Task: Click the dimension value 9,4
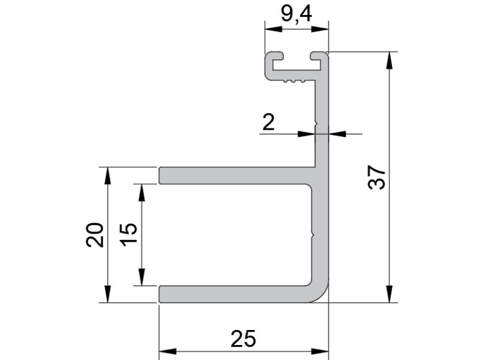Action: click(x=296, y=14)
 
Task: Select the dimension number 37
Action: click(x=377, y=178)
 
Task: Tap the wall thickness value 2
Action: click(x=268, y=122)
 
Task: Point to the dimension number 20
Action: click(x=95, y=235)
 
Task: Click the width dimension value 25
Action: click(x=243, y=339)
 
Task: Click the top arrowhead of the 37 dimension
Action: click(x=389, y=61)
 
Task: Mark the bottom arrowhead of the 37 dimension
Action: click(x=389, y=294)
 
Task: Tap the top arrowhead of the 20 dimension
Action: click(x=107, y=176)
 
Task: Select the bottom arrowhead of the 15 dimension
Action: click(x=142, y=277)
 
